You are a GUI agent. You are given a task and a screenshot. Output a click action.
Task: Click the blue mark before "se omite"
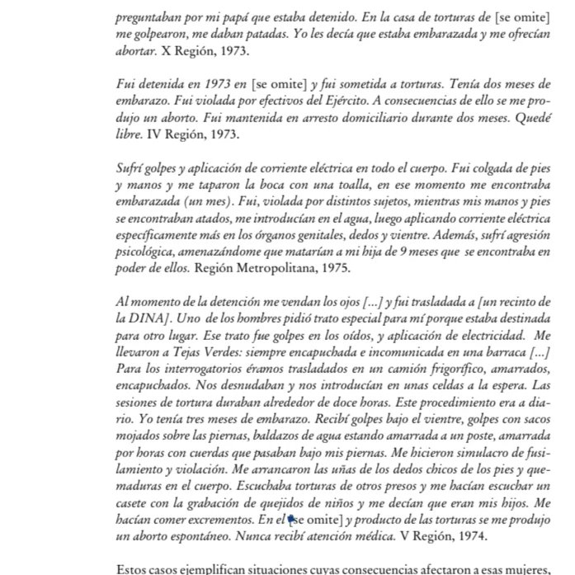[290, 519]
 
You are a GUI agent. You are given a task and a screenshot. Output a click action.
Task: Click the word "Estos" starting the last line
[134, 569]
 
